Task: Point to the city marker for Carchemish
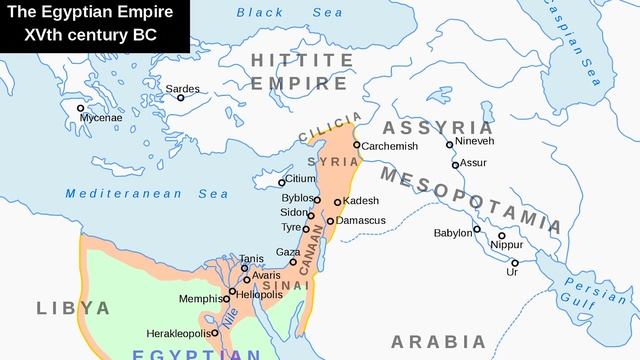(x=356, y=145)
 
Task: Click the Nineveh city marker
(x=450, y=144)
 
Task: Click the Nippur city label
(x=507, y=244)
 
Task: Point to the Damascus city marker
(x=330, y=221)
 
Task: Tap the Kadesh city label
(x=360, y=201)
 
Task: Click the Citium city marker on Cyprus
(x=282, y=180)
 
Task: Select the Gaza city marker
(x=294, y=263)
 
